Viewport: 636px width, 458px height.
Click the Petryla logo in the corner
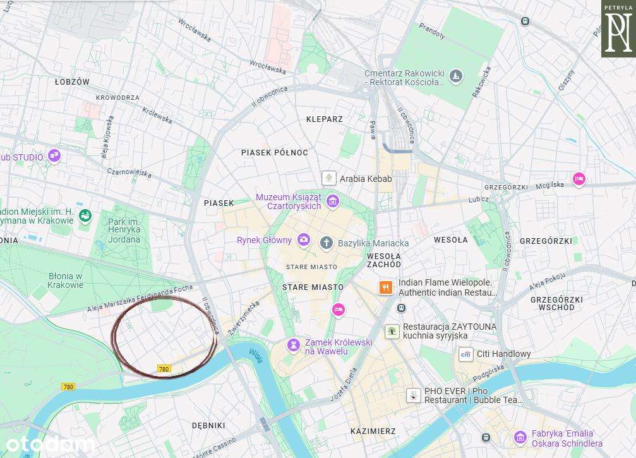pyautogui.click(x=618, y=29)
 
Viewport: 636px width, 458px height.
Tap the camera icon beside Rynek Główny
pyautogui.click(x=304, y=239)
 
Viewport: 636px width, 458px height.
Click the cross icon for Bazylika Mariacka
pyautogui.click(x=326, y=243)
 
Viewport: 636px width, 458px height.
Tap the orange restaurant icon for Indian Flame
pyautogui.click(x=386, y=287)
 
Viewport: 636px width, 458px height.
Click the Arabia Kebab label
pyautogui.click(x=366, y=179)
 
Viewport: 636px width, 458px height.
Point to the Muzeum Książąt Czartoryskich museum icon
pyautogui.click(x=333, y=202)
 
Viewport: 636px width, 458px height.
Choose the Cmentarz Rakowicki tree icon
pyautogui.click(x=456, y=77)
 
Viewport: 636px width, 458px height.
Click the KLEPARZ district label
pyautogui.click(x=324, y=119)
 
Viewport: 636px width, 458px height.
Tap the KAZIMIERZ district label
pyautogui.click(x=373, y=431)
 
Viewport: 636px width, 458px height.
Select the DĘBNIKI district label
pyautogui.click(x=209, y=425)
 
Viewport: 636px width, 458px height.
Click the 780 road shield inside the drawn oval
pyautogui.click(x=164, y=369)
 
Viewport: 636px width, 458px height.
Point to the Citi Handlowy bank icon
pyautogui.click(x=465, y=354)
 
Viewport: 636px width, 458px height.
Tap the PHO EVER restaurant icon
pyautogui.click(x=413, y=395)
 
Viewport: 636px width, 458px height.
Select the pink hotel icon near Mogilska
pyautogui.click(x=579, y=179)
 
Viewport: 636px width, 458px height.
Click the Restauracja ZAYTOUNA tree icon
pyautogui.click(x=392, y=331)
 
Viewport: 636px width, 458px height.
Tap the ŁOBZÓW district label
pyautogui.click(x=72, y=82)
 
